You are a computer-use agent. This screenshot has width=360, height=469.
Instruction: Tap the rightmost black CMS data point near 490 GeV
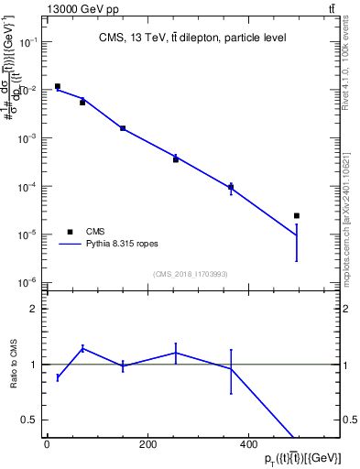coord(297,216)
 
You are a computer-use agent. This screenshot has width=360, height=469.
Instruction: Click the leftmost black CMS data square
coord(58,87)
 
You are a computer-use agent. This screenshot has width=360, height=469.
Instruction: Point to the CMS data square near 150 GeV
coord(123,128)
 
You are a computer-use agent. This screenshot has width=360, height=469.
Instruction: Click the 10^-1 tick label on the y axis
coord(27,42)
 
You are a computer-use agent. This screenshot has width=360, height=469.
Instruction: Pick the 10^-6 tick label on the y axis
coord(27,282)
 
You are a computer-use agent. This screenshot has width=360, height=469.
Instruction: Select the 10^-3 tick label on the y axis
coord(27,138)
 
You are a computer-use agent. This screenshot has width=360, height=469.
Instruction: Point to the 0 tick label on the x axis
coord(47,445)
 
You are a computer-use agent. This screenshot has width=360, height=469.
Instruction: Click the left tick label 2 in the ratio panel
coord(34,310)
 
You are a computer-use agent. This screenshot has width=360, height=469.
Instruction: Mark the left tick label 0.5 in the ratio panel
coord(30,420)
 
